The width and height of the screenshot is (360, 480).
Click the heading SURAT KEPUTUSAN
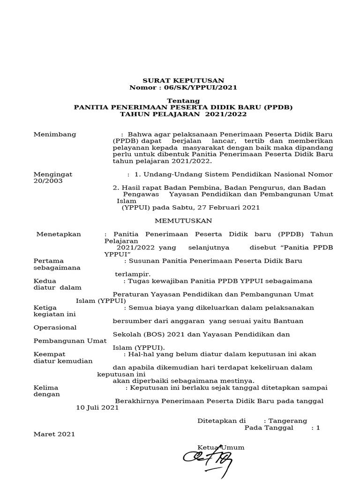(x=183, y=81)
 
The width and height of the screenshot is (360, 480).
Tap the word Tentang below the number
(x=183, y=101)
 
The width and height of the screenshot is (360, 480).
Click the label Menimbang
(x=55, y=135)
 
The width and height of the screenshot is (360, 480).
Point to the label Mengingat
(x=53, y=174)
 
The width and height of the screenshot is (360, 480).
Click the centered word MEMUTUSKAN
(x=183, y=221)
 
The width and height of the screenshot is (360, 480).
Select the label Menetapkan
(x=59, y=234)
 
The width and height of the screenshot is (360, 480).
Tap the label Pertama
(x=49, y=261)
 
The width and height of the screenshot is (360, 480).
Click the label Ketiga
(x=46, y=308)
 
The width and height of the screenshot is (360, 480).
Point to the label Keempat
(x=50, y=354)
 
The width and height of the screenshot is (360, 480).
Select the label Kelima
(x=46, y=388)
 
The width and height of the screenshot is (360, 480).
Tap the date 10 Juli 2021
(x=97, y=408)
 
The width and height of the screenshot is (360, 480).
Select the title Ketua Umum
(x=221, y=448)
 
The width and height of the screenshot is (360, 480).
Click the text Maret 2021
(x=54, y=435)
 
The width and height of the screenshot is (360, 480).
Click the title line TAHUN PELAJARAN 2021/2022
(x=183, y=114)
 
